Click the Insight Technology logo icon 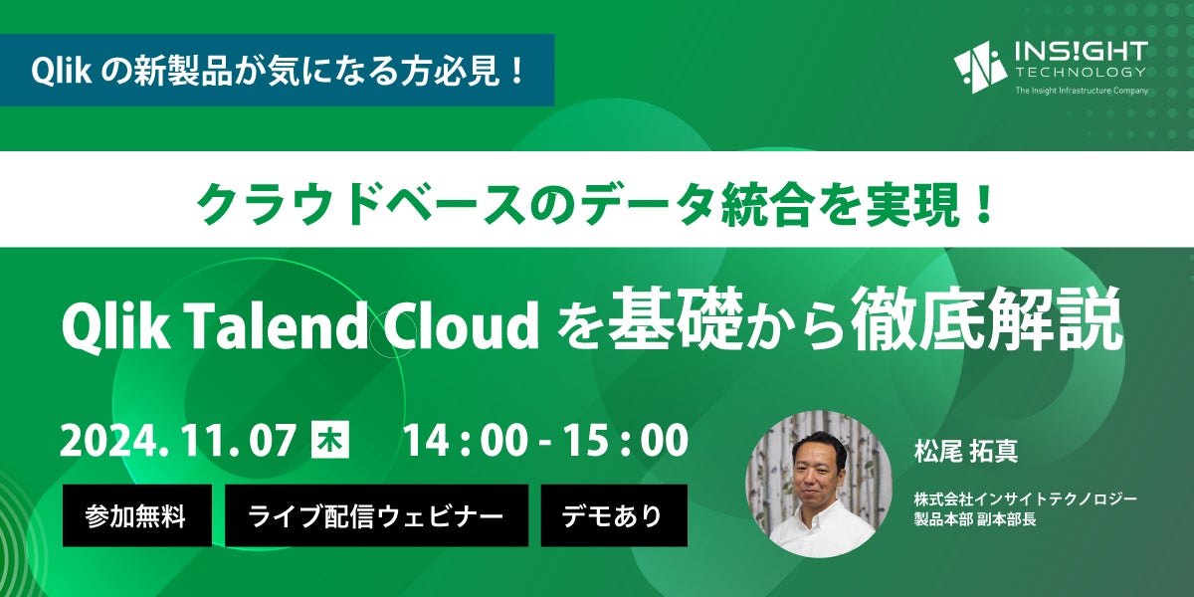click(x=980, y=68)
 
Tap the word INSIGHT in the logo click(x=1082, y=52)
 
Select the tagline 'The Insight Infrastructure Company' click(x=1082, y=91)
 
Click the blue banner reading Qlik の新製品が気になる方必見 click(x=278, y=70)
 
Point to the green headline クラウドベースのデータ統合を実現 click(x=595, y=205)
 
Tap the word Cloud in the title click(x=461, y=325)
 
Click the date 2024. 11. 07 click(x=178, y=440)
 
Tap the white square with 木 click(x=330, y=440)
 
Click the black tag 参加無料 click(x=137, y=515)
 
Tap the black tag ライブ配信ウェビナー click(x=376, y=515)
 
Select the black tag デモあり click(x=614, y=515)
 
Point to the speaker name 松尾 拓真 click(x=966, y=451)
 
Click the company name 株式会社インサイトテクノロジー click(x=1026, y=499)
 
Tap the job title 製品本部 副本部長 click(x=975, y=519)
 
